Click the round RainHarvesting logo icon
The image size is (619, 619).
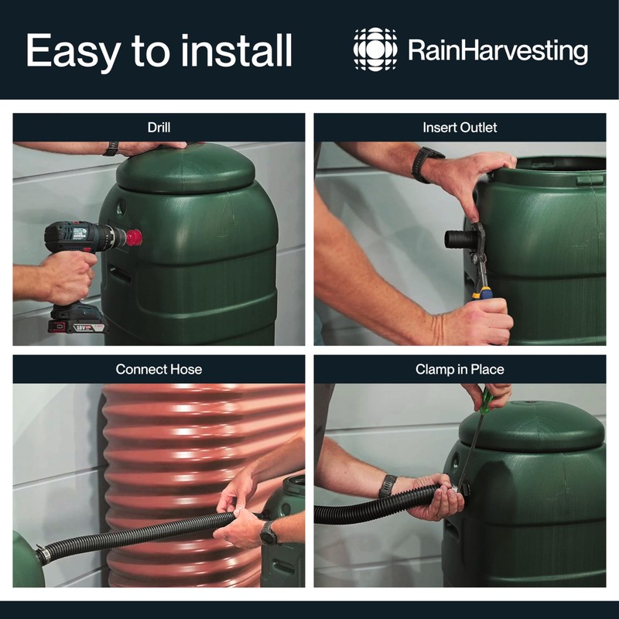coord(375,50)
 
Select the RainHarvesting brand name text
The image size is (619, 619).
coord(498,52)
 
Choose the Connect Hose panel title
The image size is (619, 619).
coord(159,369)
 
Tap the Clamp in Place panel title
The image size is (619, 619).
coord(460,369)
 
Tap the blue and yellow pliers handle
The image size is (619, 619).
coord(483,290)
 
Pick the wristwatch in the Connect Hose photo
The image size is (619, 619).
coord(268,533)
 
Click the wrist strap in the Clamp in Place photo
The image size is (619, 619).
coord(388,486)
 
